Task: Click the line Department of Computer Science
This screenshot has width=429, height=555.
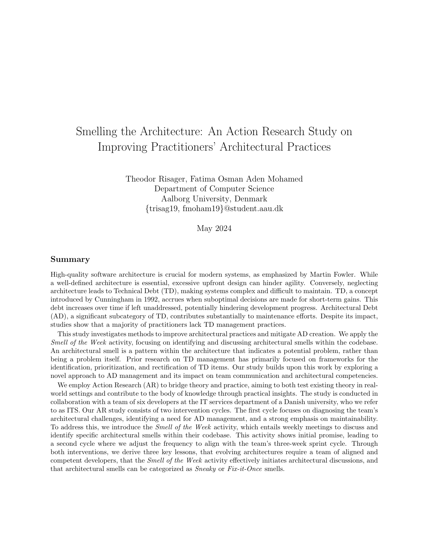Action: (214, 189)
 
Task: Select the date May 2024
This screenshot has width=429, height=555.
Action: (214, 229)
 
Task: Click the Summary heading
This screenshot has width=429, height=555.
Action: (70, 260)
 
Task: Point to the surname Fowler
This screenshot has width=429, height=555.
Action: (343, 275)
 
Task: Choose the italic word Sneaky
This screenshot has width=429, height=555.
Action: (205, 469)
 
